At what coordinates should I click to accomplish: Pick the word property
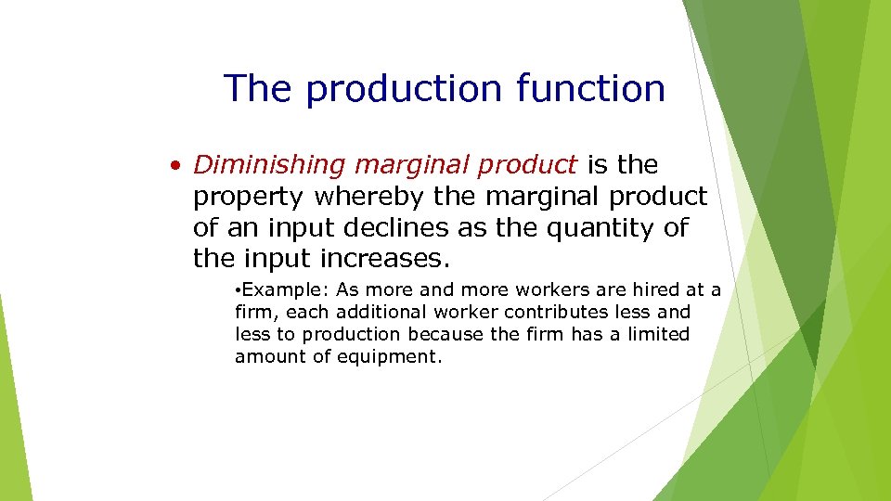point(249,198)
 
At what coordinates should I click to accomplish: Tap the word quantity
point(607,228)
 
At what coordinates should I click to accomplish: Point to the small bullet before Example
point(239,291)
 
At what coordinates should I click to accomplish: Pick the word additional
point(376,313)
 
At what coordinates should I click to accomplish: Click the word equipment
point(390,357)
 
